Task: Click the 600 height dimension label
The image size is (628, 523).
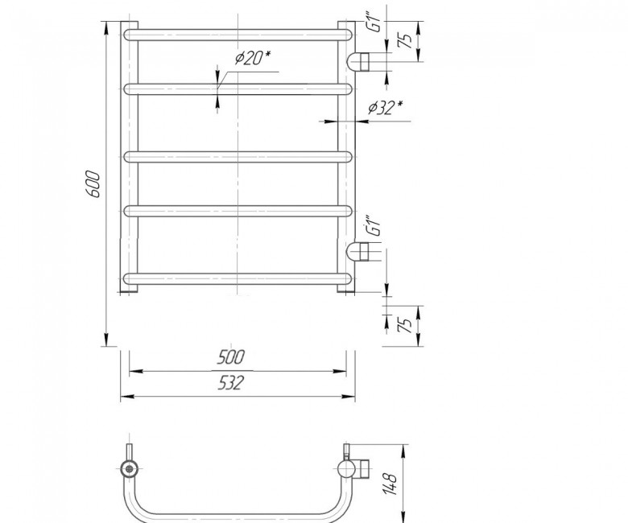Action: pos(93,184)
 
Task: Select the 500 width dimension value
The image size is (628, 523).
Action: pos(230,357)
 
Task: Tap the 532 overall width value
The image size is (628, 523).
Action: pos(231,383)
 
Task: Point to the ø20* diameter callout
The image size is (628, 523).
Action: pos(253,59)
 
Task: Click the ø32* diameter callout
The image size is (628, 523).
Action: pos(386,107)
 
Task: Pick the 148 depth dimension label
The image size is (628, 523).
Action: pos(391,484)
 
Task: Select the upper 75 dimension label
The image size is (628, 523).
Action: pos(405,41)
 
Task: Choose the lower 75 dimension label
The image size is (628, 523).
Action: pos(405,325)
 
